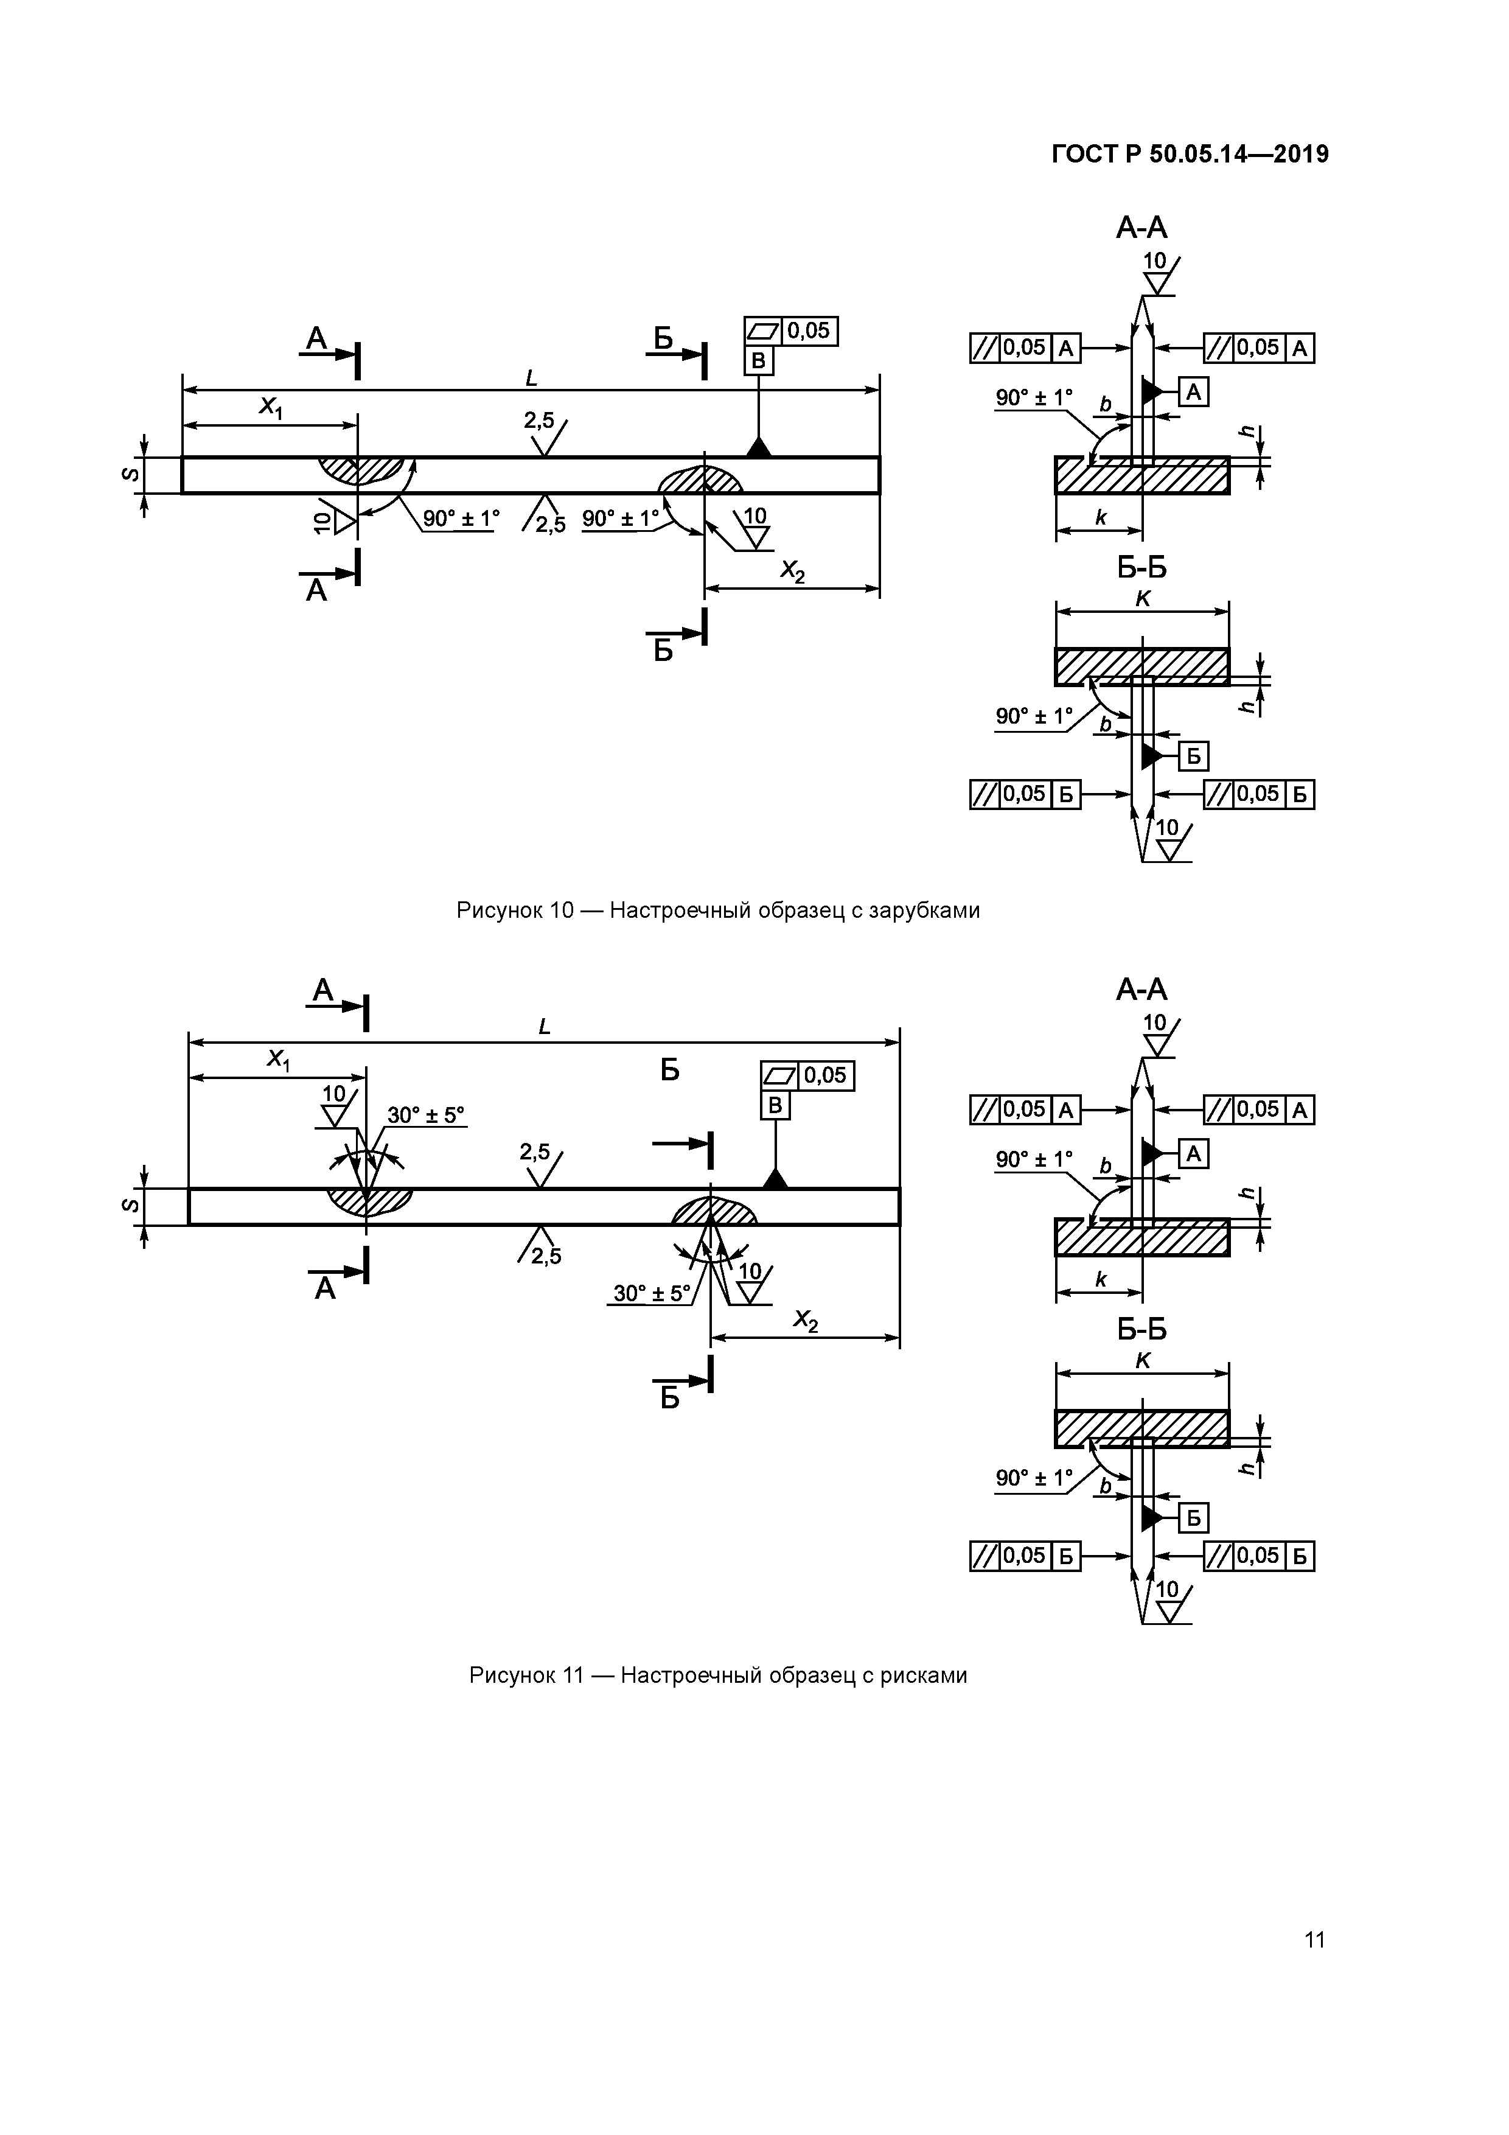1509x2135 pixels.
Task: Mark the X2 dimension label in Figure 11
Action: pyautogui.click(x=805, y=1321)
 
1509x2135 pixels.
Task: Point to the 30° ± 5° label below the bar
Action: pyautogui.click(x=651, y=1293)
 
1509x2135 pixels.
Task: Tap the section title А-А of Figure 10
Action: pyautogui.click(x=1141, y=228)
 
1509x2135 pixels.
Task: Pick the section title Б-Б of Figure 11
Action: pyautogui.click(x=1141, y=1329)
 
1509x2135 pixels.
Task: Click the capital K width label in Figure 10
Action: pyautogui.click(x=1143, y=599)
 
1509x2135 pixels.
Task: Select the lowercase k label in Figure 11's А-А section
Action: pyautogui.click(x=1101, y=1279)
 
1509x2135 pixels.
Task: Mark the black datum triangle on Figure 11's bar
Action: pyautogui.click(x=775, y=1178)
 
